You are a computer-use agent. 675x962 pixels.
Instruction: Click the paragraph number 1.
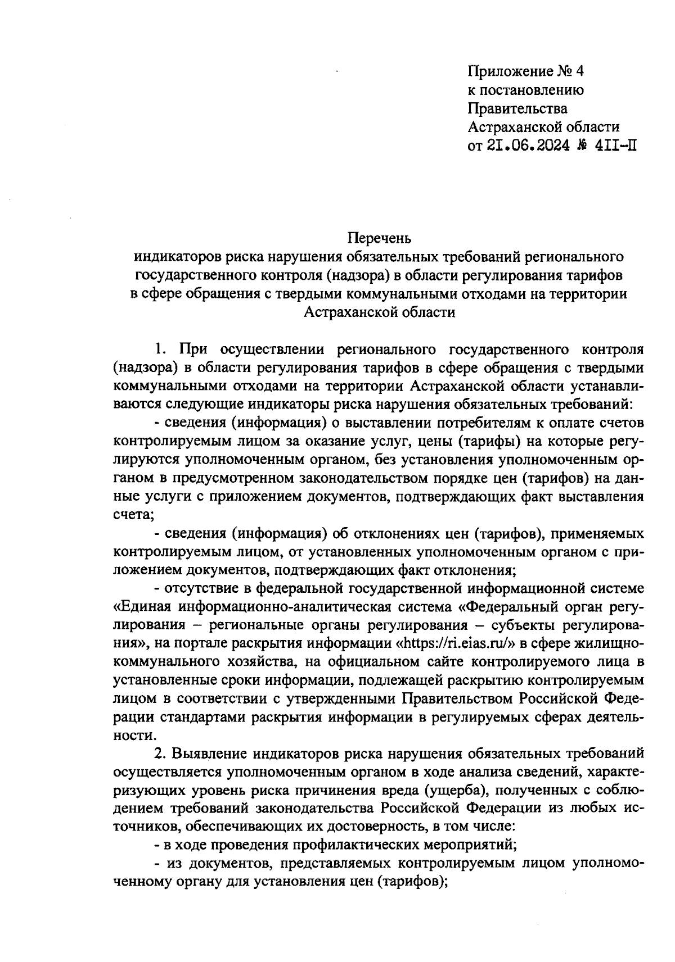[160, 350]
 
